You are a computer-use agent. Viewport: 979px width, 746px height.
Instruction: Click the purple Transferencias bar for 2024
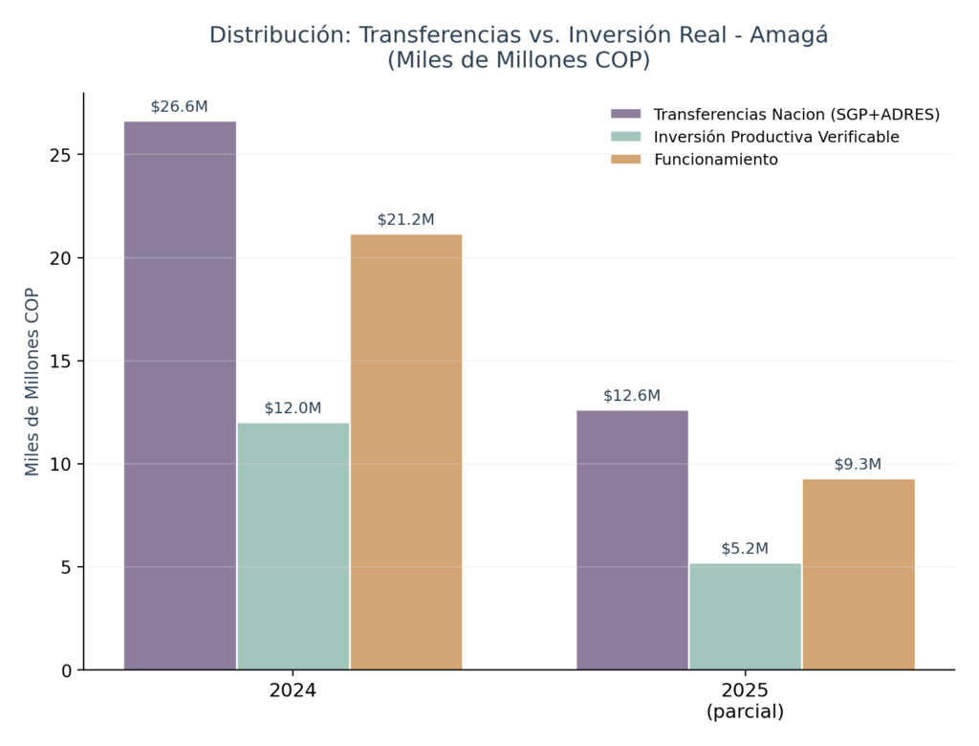(x=180, y=396)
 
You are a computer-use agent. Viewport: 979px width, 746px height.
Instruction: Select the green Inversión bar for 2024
(x=293, y=547)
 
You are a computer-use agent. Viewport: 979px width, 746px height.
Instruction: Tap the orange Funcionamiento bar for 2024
(x=405, y=451)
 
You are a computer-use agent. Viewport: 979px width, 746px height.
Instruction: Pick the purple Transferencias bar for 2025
(x=632, y=539)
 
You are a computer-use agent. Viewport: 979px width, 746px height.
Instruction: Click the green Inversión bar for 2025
(x=745, y=617)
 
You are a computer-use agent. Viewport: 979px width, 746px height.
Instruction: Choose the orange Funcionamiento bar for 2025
(x=859, y=574)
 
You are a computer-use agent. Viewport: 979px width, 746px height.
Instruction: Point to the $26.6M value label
(x=179, y=107)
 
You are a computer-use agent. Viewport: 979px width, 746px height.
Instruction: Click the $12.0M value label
(x=293, y=408)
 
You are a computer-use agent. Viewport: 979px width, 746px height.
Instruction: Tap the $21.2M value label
(x=405, y=219)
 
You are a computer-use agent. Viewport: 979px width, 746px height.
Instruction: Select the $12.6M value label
(x=632, y=396)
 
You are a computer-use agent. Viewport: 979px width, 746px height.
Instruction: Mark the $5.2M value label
(x=745, y=549)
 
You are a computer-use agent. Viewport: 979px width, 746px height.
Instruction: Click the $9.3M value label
(x=858, y=464)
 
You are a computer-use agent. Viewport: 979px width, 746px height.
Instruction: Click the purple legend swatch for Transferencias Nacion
(x=625, y=114)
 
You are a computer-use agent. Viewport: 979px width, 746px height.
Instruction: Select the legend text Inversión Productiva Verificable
(x=776, y=137)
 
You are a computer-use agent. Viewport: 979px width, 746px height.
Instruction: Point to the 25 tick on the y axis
(x=60, y=155)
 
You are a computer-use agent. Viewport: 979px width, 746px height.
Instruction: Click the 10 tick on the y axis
(x=60, y=464)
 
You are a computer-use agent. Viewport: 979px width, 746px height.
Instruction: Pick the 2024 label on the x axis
(x=293, y=691)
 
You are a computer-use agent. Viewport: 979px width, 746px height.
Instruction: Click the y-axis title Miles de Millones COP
(x=32, y=382)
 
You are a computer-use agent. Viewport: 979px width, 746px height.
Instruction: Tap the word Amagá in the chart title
(x=789, y=35)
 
